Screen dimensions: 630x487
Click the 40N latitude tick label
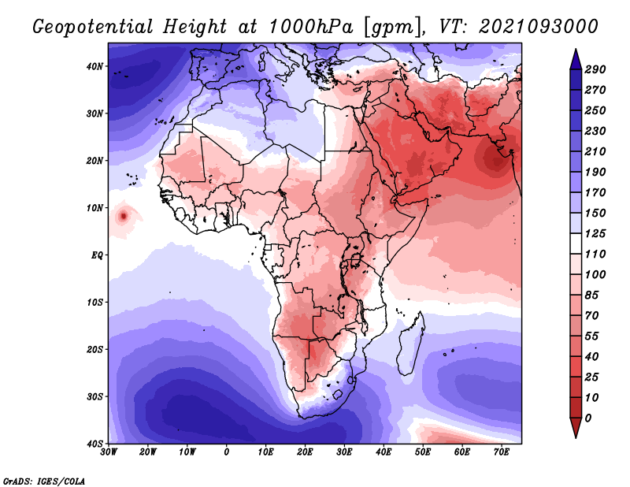click(x=94, y=66)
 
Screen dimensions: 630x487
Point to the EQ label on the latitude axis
click(x=97, y=255)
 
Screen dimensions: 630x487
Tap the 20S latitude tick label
click(x=94, y=349)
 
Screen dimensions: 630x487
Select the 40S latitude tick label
click(x=94, y=444)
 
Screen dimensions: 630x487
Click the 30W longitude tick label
click(x=109, y=452)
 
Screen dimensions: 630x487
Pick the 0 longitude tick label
click(x=227, y=452)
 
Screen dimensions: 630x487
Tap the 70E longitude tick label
click(x=502, y=452)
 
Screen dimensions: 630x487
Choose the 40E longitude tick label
click(x=384, y=452)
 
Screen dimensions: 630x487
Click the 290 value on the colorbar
click(x=595, y=69)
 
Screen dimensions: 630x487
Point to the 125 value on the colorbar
click(x=595, y=233)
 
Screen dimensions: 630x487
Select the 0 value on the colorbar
click(x=588, y=418)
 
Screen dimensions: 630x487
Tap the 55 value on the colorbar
click(x=592, y=336)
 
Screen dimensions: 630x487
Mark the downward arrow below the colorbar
click(x=576, y=428)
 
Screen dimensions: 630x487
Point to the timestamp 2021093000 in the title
click(x=539, y=27)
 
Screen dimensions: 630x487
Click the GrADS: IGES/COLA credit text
click(x=44, y=481)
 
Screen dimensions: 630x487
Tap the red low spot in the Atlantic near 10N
click(x=124, y=217)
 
